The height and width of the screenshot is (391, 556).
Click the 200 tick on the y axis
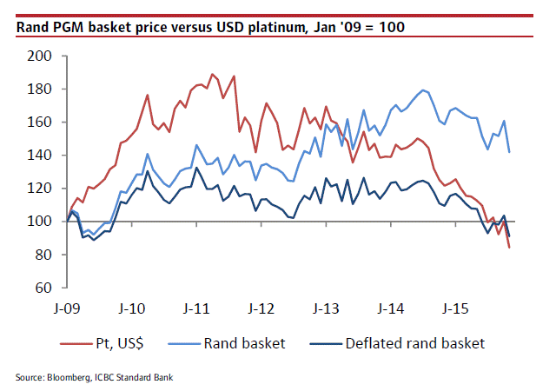(x=42, y=56)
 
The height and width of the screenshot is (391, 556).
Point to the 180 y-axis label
(x=42, y=89)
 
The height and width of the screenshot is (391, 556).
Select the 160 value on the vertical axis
(x=42, y=122)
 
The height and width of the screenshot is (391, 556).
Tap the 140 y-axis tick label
(x=42, y=155)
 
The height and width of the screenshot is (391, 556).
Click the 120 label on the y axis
(x=42, y=188)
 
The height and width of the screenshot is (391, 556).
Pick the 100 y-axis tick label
(x=42, y=221)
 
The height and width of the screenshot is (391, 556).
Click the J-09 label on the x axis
(x=68, y=308)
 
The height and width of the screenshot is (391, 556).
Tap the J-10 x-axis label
(x=132, y=308)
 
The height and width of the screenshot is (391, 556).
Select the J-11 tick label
(x=197, y=308)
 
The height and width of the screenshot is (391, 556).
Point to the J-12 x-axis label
(x=261, y=308)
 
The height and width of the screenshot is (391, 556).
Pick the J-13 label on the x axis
(x=327, y=308)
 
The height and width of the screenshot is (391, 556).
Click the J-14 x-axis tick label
(x=391, y=308)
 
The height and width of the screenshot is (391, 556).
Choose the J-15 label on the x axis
(x=456, y=308)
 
